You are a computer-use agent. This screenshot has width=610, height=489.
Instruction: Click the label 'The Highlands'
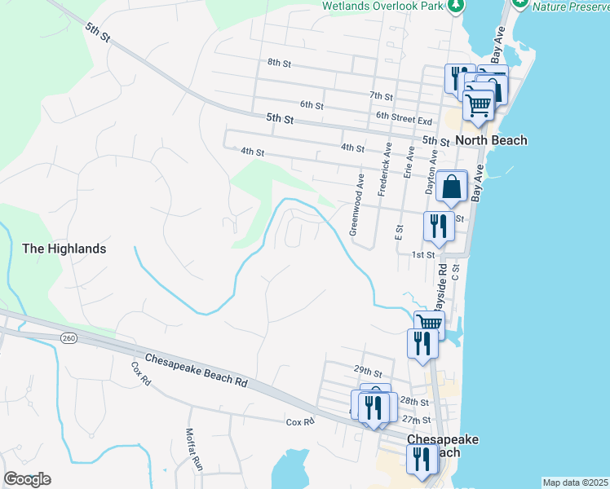64,249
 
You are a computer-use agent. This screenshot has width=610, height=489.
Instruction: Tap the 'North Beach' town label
491,140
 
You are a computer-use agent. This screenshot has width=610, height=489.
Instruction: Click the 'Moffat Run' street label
193,450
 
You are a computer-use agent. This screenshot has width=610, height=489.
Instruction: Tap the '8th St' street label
279,62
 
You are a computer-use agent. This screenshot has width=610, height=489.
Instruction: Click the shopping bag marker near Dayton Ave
451,187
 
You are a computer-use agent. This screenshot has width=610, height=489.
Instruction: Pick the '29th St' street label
368,370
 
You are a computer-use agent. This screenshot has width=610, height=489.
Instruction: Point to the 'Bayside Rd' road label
440,285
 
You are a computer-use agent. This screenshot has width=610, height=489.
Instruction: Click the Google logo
27,479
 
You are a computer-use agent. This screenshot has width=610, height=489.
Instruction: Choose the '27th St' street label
415,420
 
